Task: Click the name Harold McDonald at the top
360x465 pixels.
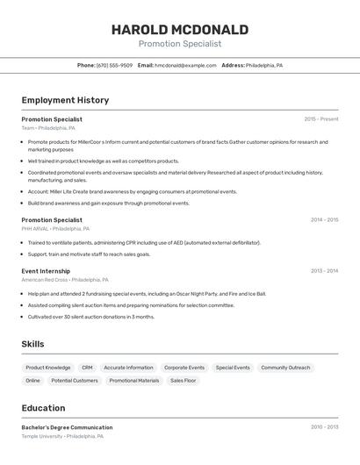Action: pyautogui.click(x=179, y=30)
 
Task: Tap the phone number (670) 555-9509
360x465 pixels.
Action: pyautogui.click(x=114, y=65)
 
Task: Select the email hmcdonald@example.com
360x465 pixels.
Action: pyautogui.click(x=185, y=65)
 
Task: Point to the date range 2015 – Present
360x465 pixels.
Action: pyautogui.click(x=320, y=118)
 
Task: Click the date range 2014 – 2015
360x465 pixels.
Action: pyautogui.click(x=324, y=219)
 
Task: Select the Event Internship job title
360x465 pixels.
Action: pyautogui.click(x=46, y=271)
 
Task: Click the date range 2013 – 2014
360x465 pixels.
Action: pyautogui.click(x=324, y=271)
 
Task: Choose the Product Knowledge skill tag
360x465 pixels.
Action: pyautogui.click(x=48, y=368)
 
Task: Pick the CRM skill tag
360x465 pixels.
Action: pyautogui.click(x=87, y=368)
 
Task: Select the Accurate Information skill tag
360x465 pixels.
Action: pyautogui.click(x=128, y=368)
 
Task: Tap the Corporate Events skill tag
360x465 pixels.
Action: pyautogui.click(x=184, y=368)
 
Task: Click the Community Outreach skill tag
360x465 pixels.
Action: pyautogui.click(x=285, y=368)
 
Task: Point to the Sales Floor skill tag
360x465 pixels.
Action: pyautogui.click(x=183, y=381)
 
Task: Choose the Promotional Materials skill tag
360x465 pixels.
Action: pyautogui.click(x=134, y=381)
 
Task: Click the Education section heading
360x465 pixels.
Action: pyautogui.click(x=43, y=408)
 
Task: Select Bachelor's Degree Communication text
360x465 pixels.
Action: pyautogui.click(x=67, y=427)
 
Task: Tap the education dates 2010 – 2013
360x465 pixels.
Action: pyautogui.click(x=324, y=427)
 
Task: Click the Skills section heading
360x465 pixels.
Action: pyautogui.click(x=32, y=345)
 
